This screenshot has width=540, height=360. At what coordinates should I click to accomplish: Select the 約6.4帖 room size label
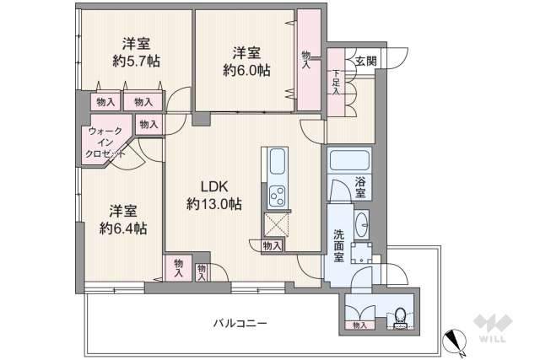click(x=123, y=228)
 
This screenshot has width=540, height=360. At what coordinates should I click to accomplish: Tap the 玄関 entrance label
click(x=365, y=61)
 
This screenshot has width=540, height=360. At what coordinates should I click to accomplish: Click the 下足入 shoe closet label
click(x=336, y=83)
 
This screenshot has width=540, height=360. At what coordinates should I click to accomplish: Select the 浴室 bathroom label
click(x=361, y=187)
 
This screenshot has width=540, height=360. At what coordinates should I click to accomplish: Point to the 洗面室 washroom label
click(x=338, y=244)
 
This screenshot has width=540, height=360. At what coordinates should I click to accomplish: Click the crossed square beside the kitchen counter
click(x=277, y=225)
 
